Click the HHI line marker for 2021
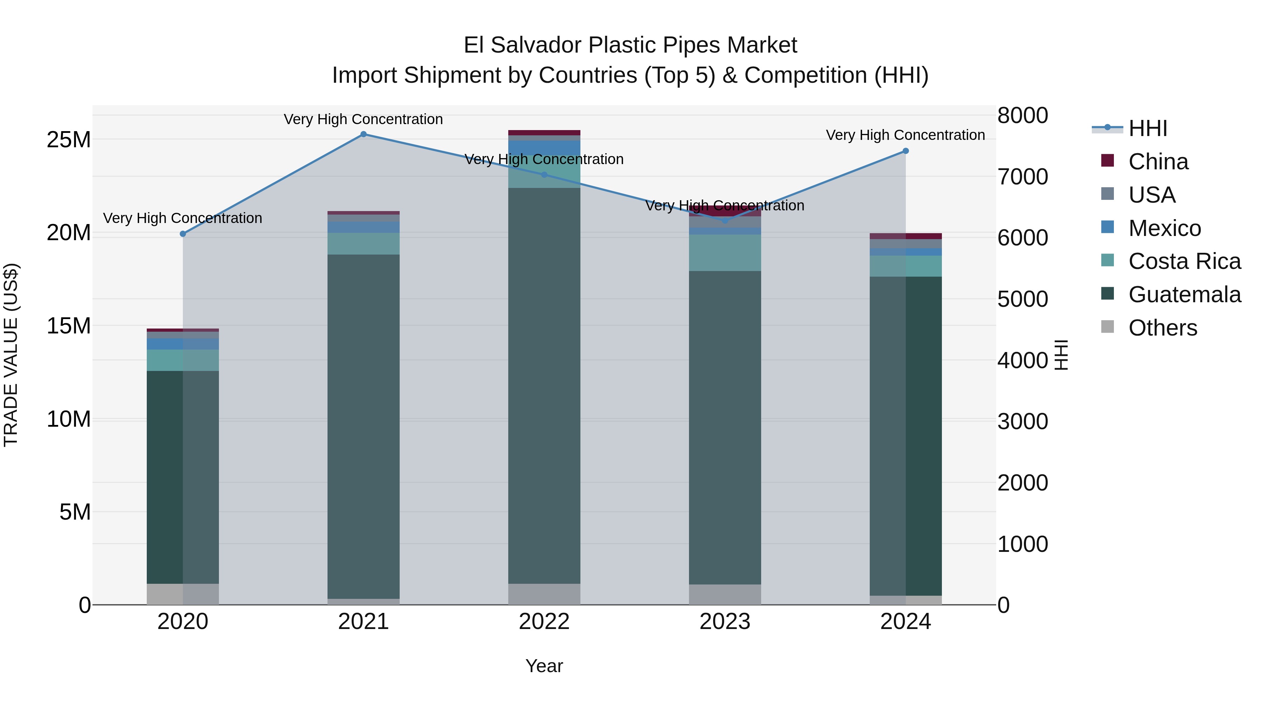pyautogui.click(x=363, y=134)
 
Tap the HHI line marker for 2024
pyautogui.click(x=905, y=151)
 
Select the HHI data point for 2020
pyautogui.click(x=183, y=234)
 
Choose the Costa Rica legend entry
pyautogui.click(x=1184, y=261)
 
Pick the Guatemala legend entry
pyautogui.click(x=1184, y=295)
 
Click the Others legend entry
pyautogui.click(x=1163, y=328)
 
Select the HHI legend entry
pyautogui.click(x=1148, y=128)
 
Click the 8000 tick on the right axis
pyautogui.click(x=1022, y=116)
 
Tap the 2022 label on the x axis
pyautogui.click(x=544, y=622)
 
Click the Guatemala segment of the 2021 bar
pyautogui.click(x=363, y=426)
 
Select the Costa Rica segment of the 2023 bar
pyautogui.click(x=725, y=253)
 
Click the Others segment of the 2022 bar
pyautogui.click(x=544, y=594)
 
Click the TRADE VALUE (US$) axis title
pyautogui.click(x=11, y=355)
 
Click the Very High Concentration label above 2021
pyautogui.click(x=363, y=119)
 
